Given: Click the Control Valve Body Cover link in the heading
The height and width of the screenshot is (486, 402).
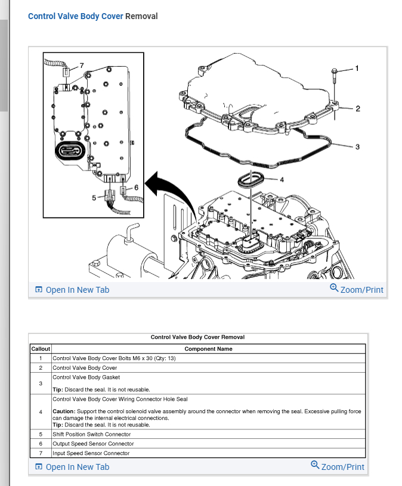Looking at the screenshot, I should click(x=75, y=16).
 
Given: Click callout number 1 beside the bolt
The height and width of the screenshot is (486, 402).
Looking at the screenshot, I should click(x=357, y=68).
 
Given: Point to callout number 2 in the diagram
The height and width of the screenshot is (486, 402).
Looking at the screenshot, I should click(x=357, y=109).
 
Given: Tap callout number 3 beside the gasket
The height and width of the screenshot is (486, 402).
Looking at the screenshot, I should click(x=357, y=147).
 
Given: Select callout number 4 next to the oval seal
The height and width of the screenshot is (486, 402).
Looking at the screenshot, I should click(x=282, y=178).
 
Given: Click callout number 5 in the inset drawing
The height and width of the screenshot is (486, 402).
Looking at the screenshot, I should click(x=93, y=197).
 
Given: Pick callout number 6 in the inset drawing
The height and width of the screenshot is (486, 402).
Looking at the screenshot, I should click(x=137, y=187).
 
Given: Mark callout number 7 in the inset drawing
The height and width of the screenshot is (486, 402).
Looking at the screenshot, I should click(x=82, y=64).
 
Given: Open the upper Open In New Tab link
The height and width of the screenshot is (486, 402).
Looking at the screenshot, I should click(x=77, y=290).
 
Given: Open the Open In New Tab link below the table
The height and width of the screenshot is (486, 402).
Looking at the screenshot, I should click(x=77, y=466).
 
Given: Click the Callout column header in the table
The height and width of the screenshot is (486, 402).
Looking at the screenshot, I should click(x=41, y=349).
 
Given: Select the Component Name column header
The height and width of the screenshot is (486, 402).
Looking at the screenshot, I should click(x=209, y=349).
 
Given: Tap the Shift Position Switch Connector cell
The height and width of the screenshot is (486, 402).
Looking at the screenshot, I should click(x=92, y=434).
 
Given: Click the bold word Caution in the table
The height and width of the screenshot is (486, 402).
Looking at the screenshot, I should click(x=63, y=411).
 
